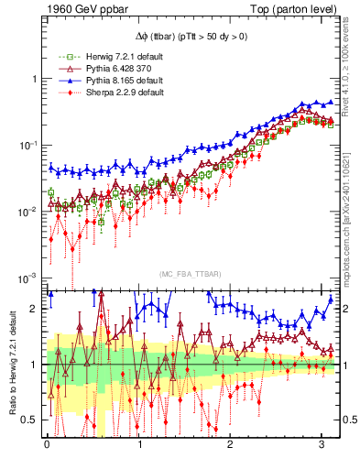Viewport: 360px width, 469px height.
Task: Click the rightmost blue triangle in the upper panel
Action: pyautogui.click(x=331, y=102)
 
